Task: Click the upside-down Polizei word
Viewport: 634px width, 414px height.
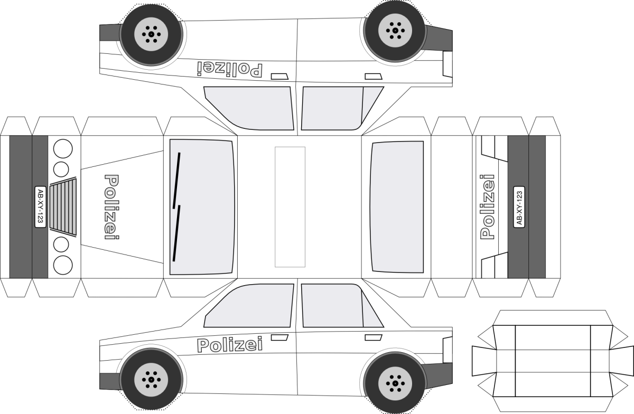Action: click(230, 69)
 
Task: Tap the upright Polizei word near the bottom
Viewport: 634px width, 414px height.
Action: click(230, 345)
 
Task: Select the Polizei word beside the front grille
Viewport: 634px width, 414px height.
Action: click(111, 208)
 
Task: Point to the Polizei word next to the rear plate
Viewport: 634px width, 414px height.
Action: click(488, 207)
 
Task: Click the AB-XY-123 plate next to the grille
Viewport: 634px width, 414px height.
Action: click(40, 207)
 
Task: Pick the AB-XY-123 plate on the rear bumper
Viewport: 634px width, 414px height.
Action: click(519, 208)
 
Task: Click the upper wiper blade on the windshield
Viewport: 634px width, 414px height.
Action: click(176, 180)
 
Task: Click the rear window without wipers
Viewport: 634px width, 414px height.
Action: click(397, 207)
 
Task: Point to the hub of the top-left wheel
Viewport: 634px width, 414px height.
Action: click(152, 35)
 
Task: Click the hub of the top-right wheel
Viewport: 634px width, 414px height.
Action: click(394, 30)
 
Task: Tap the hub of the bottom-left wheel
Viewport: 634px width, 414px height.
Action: click(152, 379)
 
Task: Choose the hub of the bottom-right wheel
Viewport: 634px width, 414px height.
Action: click(394, 383)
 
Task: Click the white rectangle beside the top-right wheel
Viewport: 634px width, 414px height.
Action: click(447, 63)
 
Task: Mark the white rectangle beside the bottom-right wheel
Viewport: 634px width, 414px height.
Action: click(447, 350)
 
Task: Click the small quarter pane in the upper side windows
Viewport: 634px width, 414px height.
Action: click(371, 106)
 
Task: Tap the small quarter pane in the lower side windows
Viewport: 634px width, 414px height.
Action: click(371, 309)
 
